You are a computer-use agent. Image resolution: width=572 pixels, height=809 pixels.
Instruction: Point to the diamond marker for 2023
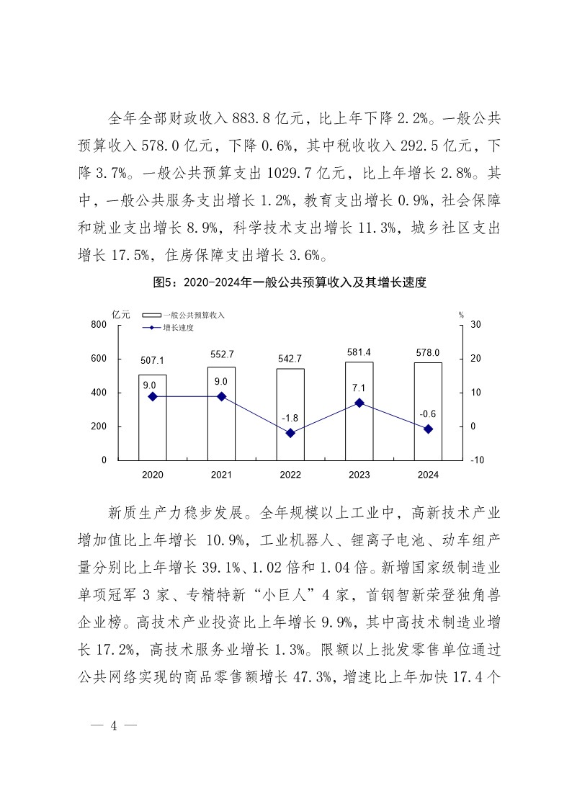[359, 403]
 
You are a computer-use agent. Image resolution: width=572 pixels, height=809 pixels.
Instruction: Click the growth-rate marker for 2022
[290, 433]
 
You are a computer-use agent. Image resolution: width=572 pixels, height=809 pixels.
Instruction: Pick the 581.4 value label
[359, 352]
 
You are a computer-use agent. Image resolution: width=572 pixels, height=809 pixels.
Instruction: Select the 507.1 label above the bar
[153, 360]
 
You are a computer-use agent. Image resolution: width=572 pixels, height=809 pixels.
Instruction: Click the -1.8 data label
[290, 418]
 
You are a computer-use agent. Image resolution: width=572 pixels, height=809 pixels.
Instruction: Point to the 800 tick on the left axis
[99, 325]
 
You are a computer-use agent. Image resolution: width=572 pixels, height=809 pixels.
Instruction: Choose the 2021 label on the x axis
[221, 475]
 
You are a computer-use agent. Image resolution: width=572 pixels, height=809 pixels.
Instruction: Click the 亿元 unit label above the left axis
[121, 314]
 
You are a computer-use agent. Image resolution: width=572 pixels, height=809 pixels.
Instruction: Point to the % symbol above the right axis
[461, 314]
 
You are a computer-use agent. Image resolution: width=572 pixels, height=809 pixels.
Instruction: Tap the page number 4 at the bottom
[112, 725]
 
